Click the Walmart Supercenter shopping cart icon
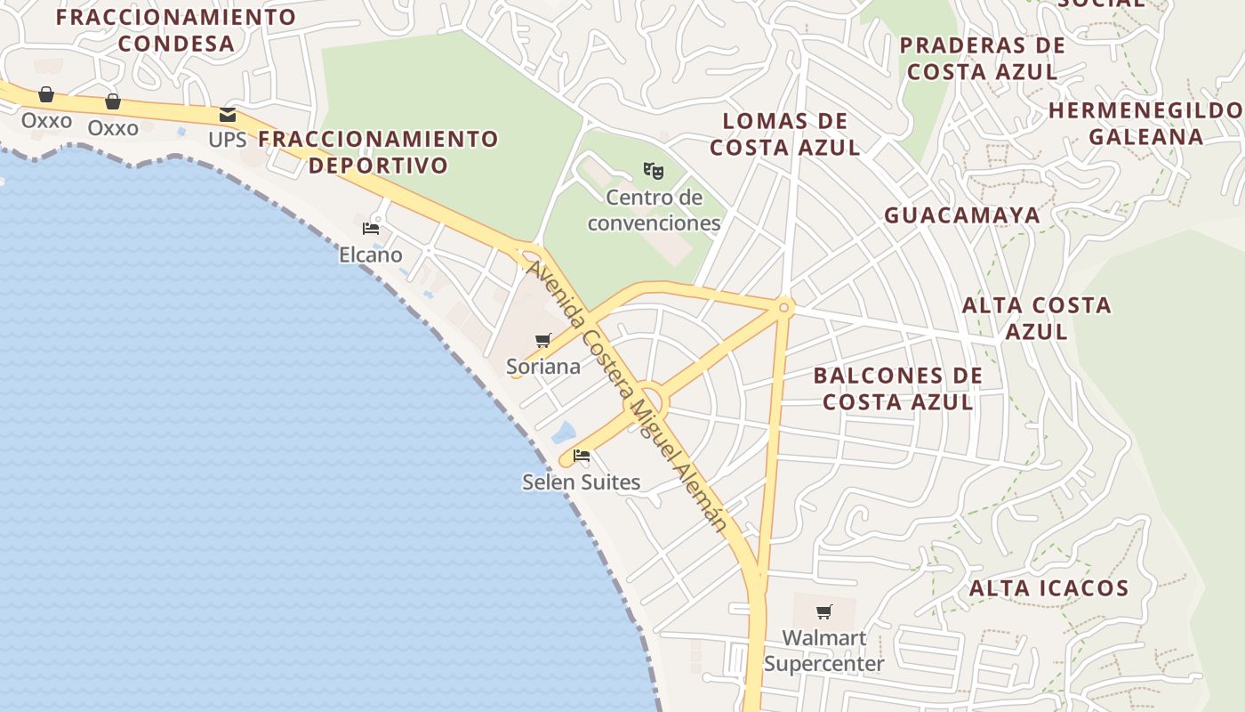(824, 611)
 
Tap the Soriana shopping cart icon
(542, 340)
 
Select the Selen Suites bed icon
(582, 456)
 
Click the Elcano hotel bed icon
(371, 229)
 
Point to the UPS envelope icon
(228, 115)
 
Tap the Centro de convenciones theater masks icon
(654, 169)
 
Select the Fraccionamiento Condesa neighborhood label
(176, 30)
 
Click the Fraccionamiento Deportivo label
(378, 152)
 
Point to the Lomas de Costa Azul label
(784, 134)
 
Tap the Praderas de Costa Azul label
(982, 59)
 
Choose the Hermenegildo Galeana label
(1145, 124)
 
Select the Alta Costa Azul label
(1037, 318)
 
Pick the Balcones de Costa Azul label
(898, 388)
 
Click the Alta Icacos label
(1048, 588)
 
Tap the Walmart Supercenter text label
(823, 651)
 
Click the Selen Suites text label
(581, 482)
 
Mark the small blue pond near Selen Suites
(564, 433)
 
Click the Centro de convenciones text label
(654, 210)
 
